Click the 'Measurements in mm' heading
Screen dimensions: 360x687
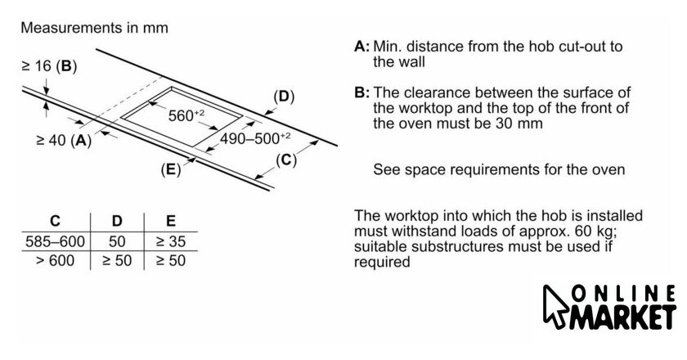click(x=94, y=28)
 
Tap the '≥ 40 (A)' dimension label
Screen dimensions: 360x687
click(x=63, y=141)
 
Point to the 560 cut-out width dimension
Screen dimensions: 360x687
click(x=186, y=115)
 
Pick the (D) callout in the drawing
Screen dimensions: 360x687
click(x=283, y=97)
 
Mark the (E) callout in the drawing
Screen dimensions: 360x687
click(x=171, y=170)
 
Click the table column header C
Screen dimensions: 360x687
click(x=54, y=221)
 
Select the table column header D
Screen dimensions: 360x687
click(x=117, y=221)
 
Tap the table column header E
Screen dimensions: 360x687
click(x=169, y=221)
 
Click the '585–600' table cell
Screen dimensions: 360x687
click(x=54, y=242)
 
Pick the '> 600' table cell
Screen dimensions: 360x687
click(x=54, y=261)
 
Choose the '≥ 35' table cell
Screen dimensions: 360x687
click(x=169, y=242)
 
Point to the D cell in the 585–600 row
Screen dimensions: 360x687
click(x=117, y=242)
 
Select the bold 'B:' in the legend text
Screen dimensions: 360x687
click(x=361, y=92)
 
